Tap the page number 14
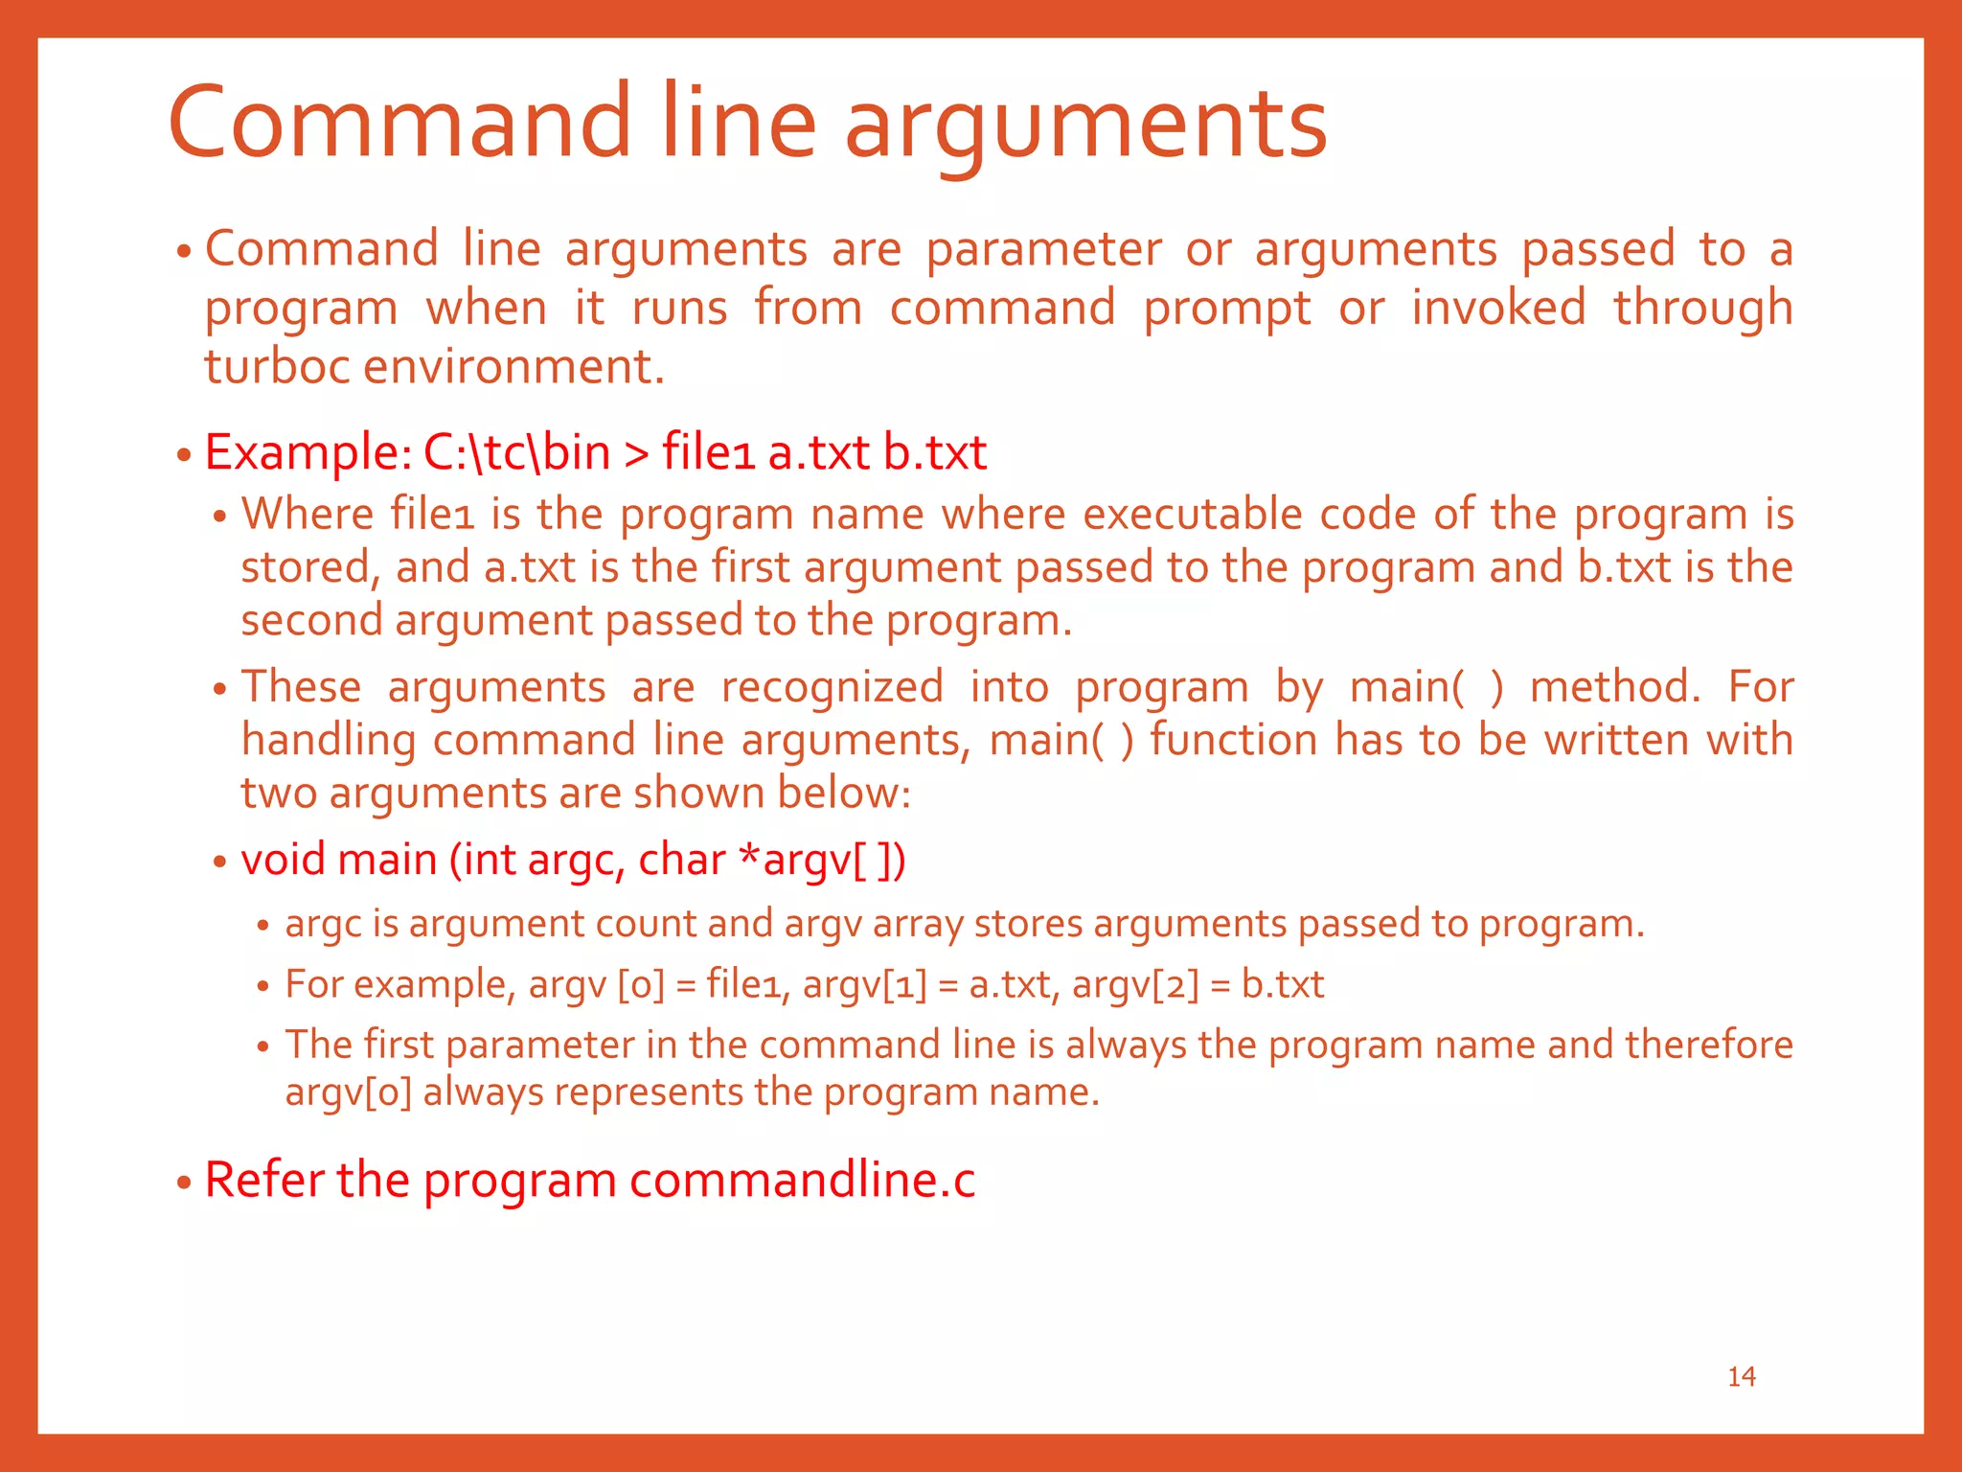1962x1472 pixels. click(1741, 1376)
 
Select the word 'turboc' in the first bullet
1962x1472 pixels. click(277, 367)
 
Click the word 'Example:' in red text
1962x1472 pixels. click(308, 452)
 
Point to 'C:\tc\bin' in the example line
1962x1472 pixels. click(516, 452)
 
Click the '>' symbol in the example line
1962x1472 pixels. click(636, 454)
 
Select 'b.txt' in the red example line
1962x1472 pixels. click(934, 452)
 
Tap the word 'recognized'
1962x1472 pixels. click(832, 687)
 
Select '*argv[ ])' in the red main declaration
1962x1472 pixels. click(823, 859)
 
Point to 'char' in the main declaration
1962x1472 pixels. click(681, 859)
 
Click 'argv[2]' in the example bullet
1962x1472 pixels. click(1135, 985)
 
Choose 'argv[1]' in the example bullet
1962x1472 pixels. click(865, 985)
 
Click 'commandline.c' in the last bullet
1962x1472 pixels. click(802, 1180)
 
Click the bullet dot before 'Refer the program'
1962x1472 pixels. click(185, 1183)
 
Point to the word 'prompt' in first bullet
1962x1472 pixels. click(1226, 309)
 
